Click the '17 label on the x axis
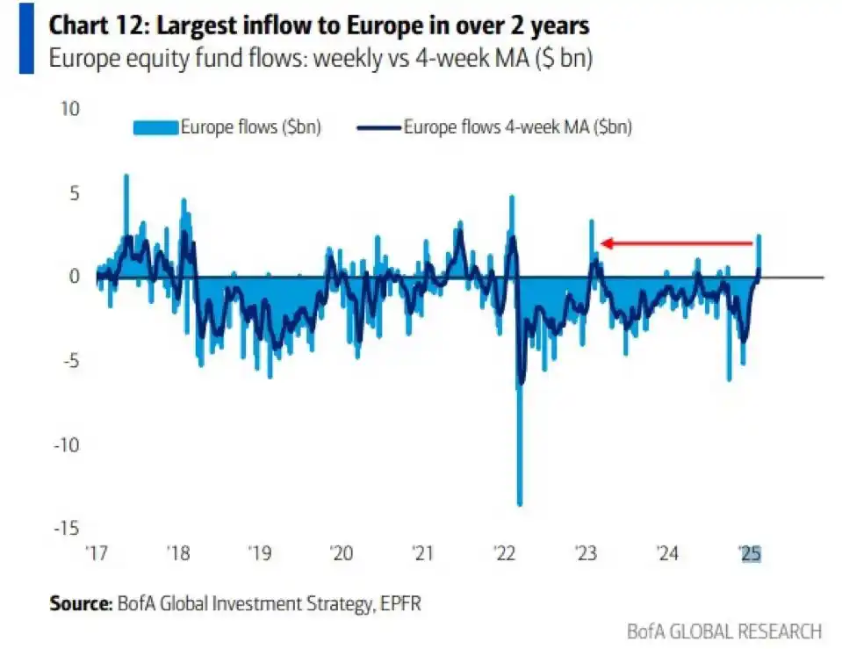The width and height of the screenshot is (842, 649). coord(97,554)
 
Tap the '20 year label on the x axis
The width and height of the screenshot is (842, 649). coord(341,554)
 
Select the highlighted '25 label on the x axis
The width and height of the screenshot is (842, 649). coord(750,554)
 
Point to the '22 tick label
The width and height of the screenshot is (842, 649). coord(504,554)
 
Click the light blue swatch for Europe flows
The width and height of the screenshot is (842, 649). coord(155,127)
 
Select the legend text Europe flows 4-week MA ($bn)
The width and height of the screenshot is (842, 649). coord(518,127)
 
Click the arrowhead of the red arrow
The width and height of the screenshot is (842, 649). coord(605,243)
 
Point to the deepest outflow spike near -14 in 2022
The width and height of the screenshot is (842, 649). coord(520,502)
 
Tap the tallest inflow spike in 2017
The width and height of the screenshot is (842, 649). coord(126,177)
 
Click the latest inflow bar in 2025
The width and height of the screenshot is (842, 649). coord(759,238)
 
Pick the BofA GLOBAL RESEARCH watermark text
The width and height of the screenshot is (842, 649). coord(724,631)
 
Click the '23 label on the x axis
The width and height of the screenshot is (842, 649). coord(586,554)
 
